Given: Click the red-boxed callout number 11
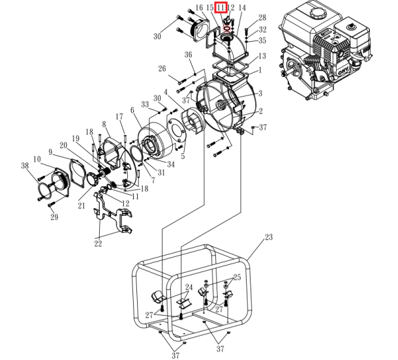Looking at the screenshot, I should click(x=221, y=7).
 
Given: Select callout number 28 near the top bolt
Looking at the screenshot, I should click(x=262, y=18).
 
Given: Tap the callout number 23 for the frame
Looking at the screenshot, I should click(x=269, y=238).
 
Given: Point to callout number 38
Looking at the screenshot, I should click(x=25, y=166).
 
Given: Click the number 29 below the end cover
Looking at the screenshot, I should click(x=54, y=217).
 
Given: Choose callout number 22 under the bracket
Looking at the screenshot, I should click(x=99, y=243).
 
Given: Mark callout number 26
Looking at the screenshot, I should click(x=162, y=68).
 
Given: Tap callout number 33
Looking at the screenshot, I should click(x=145, y=104).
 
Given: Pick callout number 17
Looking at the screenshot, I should click(x=119, y=117).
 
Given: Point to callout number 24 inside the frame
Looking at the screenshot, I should click(x=189, y=287).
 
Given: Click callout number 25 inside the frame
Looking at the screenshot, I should click(x=237, y=277).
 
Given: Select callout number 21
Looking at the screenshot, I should click(x=82, y=206).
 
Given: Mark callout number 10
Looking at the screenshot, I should click(x=37, y=159).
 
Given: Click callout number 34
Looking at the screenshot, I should click(x=170, y=164).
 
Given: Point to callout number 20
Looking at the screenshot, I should click(x=64, y=145).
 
